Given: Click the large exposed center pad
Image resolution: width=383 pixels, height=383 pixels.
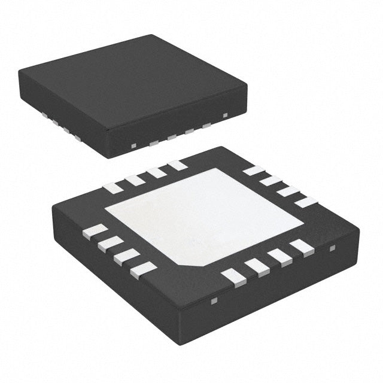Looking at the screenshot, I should click(x=203, y=215).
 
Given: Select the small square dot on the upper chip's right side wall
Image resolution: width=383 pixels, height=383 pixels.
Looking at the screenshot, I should click(x=225, y=114).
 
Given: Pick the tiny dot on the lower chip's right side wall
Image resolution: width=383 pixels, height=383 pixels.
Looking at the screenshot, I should click(x=333, y=247).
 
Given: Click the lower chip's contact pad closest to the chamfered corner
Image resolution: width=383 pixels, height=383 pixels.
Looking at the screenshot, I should click(x=235, y=276).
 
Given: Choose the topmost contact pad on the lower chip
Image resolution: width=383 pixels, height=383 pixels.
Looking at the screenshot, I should click(x=177, y=165).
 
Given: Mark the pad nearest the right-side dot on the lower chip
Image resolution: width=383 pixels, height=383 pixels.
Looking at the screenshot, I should click(x=302, y=247).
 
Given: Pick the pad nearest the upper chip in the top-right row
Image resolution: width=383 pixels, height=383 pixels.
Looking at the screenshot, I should click(x=254, y=171).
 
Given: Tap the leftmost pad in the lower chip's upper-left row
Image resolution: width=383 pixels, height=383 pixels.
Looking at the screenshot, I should click(x=113, y=188).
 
